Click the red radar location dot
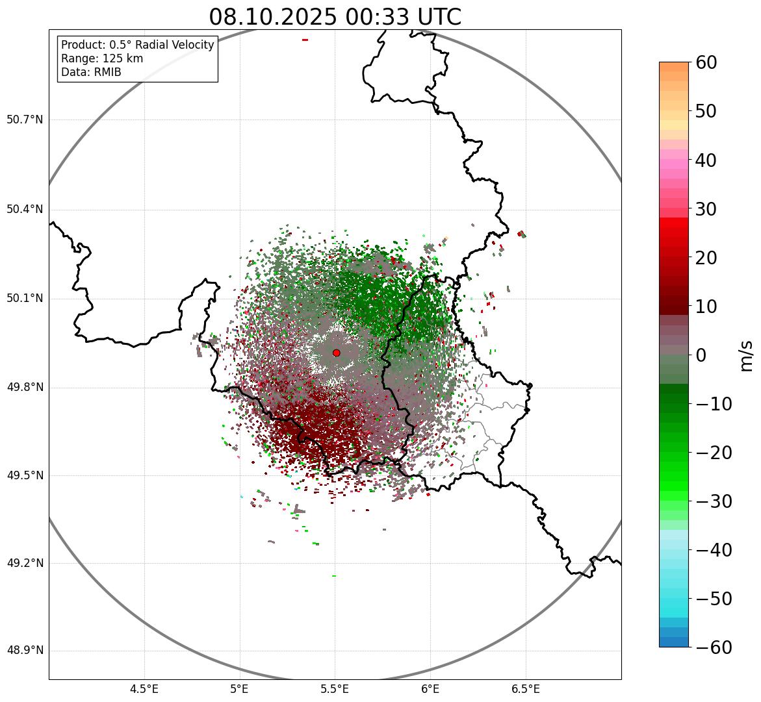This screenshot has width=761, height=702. [336, 353]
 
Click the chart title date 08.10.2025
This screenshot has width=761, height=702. [273, 17]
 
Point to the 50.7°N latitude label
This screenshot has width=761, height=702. [25, 120]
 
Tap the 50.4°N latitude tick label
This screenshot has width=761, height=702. [25, 210]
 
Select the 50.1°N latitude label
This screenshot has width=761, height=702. [25, 299]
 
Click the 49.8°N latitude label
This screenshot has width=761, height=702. [25, 388]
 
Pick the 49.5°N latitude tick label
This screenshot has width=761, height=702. [25, 475]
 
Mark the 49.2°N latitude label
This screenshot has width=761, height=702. [25, 563]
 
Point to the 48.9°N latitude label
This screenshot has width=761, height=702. [25, 651]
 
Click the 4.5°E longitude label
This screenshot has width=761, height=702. [144, 689]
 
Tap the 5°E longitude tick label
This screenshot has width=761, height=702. [240, 689]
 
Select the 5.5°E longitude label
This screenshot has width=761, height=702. [335, 689]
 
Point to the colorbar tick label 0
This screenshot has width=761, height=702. [701, 355]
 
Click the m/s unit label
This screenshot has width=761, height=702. [747, 355]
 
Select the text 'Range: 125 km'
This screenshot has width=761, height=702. [102, 58]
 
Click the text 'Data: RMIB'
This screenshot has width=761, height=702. [91, 72]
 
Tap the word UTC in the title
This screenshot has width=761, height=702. [435, 17]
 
